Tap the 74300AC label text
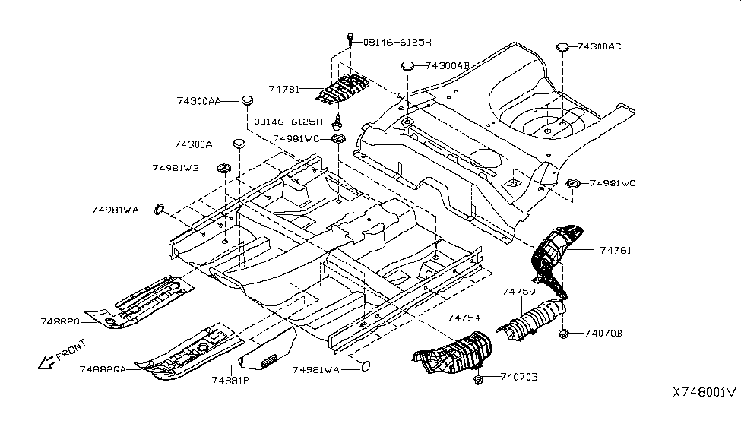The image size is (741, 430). click(x=599, y=46)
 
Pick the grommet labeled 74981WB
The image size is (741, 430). click(x=225, y=168)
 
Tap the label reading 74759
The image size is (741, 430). click(x=518, y=291)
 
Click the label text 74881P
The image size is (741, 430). click(x=230, y=380)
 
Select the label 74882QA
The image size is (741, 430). click(x=103, y=368)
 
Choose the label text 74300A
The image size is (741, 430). click(x=193, y=144)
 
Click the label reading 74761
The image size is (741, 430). click(x=616, y=249)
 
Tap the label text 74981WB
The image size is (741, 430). click(x=176, y=168)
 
